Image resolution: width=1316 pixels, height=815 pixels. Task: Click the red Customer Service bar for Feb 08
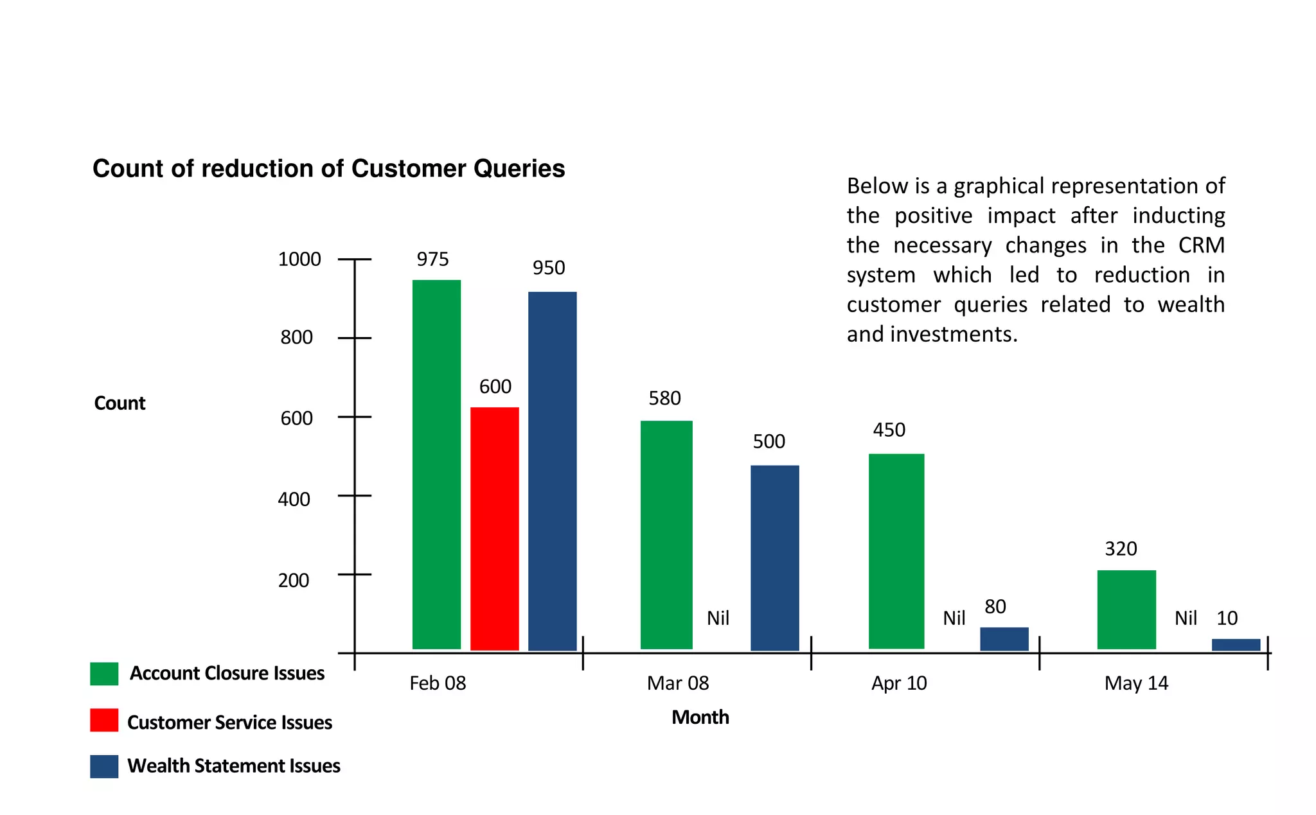494,529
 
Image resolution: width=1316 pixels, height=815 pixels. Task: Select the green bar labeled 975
436,464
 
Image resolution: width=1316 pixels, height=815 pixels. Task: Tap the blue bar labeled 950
552,471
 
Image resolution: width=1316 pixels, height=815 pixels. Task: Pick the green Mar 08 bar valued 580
666,534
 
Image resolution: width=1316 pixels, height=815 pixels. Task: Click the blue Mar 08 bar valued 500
774,557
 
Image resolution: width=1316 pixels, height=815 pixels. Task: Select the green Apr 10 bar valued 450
896,551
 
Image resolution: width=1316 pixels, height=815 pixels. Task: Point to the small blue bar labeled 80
1004,638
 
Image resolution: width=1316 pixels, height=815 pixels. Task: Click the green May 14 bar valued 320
1126,609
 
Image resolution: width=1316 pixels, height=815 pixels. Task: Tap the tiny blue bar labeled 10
1236,645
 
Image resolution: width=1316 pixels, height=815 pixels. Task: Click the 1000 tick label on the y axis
299,259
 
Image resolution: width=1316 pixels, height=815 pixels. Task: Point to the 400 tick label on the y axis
294,500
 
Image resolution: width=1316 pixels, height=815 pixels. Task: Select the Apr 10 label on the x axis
899,683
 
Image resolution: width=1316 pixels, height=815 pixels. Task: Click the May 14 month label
1135,683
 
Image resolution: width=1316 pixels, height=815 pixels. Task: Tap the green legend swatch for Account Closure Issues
104,674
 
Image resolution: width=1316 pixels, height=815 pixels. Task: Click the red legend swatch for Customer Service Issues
104,720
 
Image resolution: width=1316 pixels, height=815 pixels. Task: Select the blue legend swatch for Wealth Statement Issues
104,766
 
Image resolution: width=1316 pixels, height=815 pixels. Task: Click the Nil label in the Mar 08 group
718,618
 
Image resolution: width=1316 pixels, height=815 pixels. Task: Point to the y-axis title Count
120,403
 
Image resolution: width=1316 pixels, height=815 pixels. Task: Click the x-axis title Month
700,717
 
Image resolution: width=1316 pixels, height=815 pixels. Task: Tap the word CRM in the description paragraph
1201,245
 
